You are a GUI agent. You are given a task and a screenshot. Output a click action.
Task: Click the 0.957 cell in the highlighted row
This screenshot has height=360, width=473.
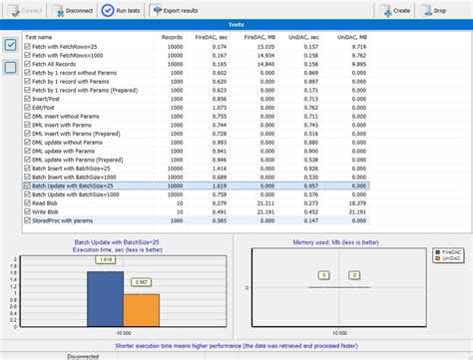(313, 184)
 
